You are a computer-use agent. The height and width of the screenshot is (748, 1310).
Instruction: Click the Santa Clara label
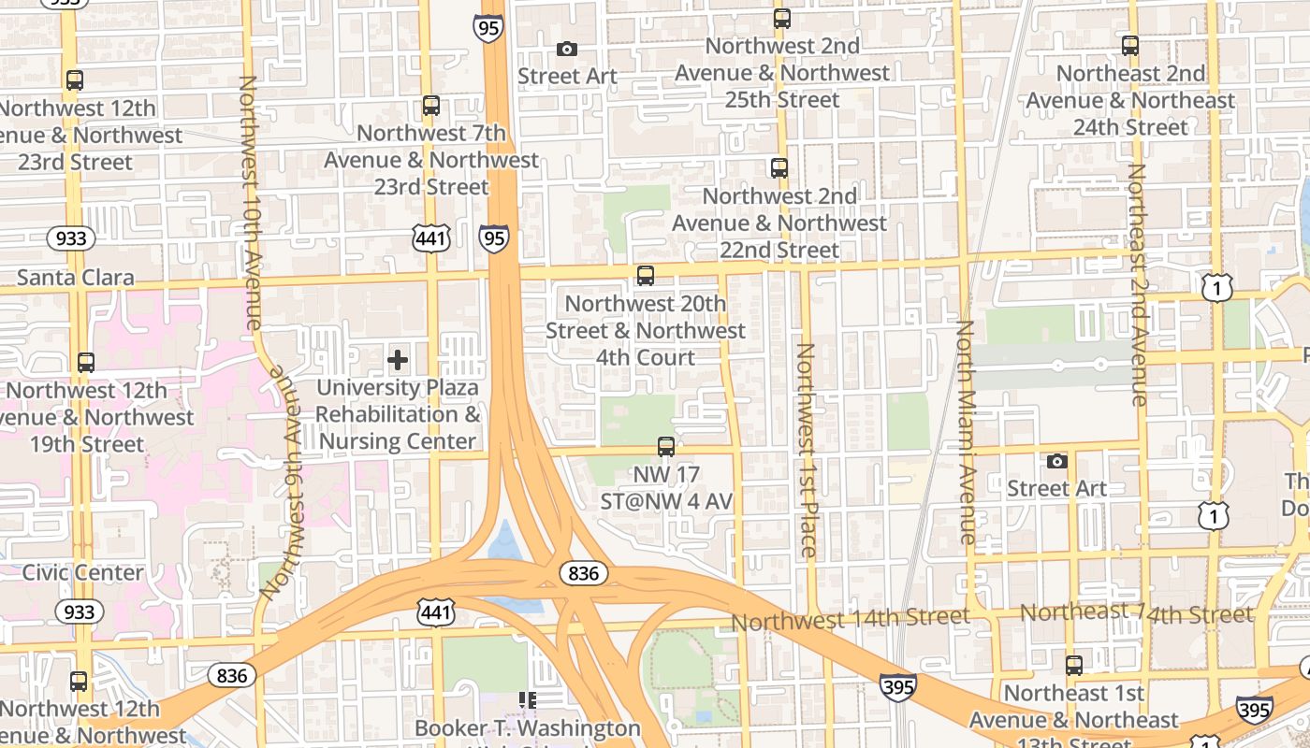pos(76,278)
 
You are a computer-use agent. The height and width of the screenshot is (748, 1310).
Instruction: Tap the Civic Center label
pos(82,572)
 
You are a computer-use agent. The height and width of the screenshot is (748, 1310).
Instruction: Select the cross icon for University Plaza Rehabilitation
pos(398,359)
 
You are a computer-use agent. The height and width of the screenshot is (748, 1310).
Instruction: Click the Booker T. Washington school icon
pos(528,699)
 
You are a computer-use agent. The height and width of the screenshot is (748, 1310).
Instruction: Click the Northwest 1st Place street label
pos(806,450)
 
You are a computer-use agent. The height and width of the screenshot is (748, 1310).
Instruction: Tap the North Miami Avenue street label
pos(965,432)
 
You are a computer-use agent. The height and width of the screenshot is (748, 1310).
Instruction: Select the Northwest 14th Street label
pos(850,619)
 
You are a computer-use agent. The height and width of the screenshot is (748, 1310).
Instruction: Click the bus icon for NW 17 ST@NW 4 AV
pos(666,447)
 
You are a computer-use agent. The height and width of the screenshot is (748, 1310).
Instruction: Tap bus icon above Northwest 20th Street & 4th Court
pos(646,276)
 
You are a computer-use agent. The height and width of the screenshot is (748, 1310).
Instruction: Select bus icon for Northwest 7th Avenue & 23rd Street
pos(430,106)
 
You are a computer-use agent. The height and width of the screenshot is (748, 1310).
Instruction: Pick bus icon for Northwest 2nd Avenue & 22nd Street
pos(779,168)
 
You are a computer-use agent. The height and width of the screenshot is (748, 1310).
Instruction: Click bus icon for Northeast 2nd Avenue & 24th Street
pos(1130,45)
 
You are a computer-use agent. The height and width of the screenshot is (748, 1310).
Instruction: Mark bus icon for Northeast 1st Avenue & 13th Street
pos(1074,666)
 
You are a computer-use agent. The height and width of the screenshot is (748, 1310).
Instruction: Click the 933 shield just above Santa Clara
pos(71,238)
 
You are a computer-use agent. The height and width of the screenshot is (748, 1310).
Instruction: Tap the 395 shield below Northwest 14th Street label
pos(897,686)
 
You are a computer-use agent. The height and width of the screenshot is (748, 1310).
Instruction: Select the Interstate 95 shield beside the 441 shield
pos(494,238)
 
